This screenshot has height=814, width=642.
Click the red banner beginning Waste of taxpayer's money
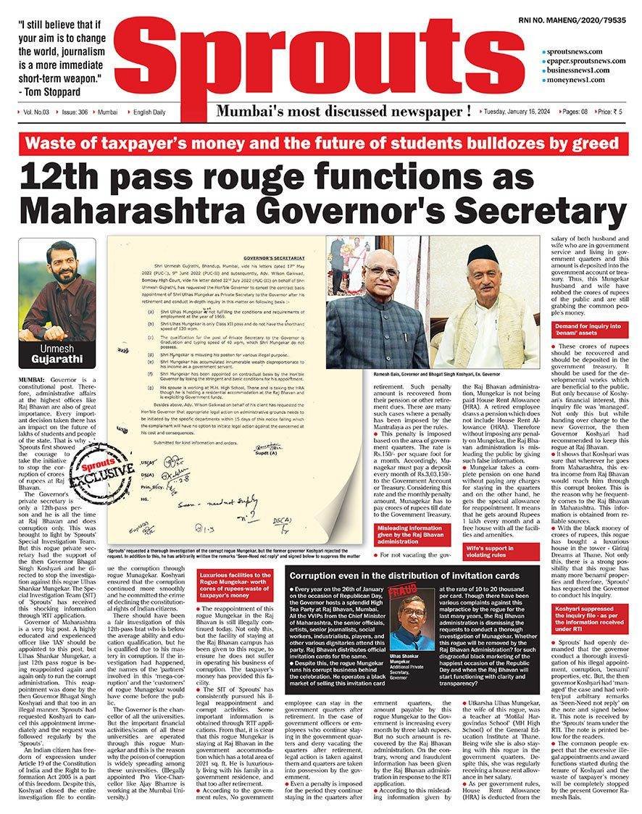(x=322, y=142)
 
